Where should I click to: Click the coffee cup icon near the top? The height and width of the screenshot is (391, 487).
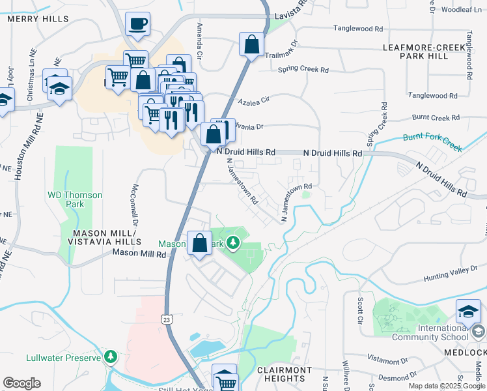click(137, 25)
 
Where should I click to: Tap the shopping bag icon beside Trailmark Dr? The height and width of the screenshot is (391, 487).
click(252, 45)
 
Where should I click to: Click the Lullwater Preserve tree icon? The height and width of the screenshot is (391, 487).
click(111, 356)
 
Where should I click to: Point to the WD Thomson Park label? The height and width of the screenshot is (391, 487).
click(75, 199)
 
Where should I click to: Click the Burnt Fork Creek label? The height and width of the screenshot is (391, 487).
click(432, 143)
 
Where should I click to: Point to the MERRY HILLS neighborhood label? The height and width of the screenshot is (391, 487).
click(38, 19)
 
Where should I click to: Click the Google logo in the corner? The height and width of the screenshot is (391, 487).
click(21, 383)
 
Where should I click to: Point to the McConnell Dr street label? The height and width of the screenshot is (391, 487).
click(135, 202)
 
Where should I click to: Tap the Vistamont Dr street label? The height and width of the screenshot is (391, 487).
click(387, 360)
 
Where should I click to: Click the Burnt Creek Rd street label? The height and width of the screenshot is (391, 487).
click(436, 118)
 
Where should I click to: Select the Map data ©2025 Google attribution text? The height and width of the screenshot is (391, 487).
click(446, 386)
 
